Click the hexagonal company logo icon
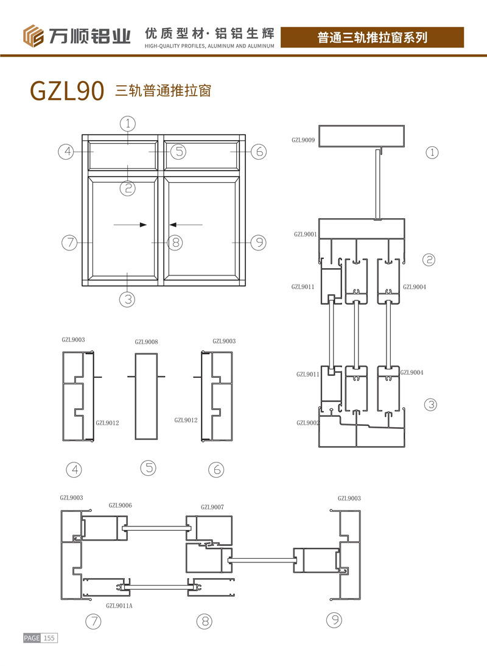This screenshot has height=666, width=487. tap(33, 36)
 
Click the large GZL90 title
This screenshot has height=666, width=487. tap(67, 90)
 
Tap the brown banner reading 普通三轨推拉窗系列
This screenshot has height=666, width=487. tap(372, 37)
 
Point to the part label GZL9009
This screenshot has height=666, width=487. tap(303, 140)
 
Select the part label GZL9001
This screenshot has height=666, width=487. tap(306, 234)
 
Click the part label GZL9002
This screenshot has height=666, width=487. tap(307, 423)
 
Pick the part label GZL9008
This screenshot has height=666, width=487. tap(146, 342)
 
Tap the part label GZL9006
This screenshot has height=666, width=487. tap(120, 505)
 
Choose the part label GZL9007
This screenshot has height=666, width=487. tap(212, 507)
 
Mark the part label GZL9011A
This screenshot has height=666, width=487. tap(119, 606)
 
